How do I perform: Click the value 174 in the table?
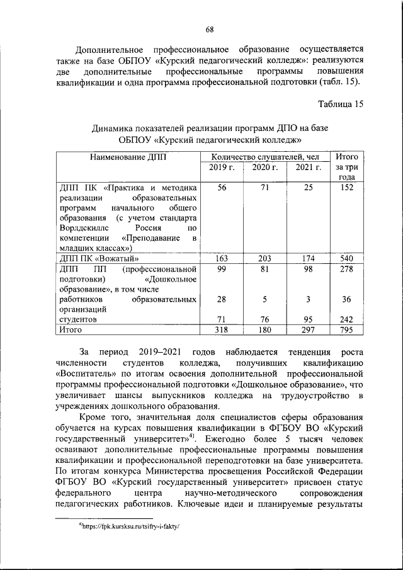click(x=309, y=258)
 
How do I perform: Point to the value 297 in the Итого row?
click(x=309, y=329)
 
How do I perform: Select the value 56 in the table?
click(x=222, y=188)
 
